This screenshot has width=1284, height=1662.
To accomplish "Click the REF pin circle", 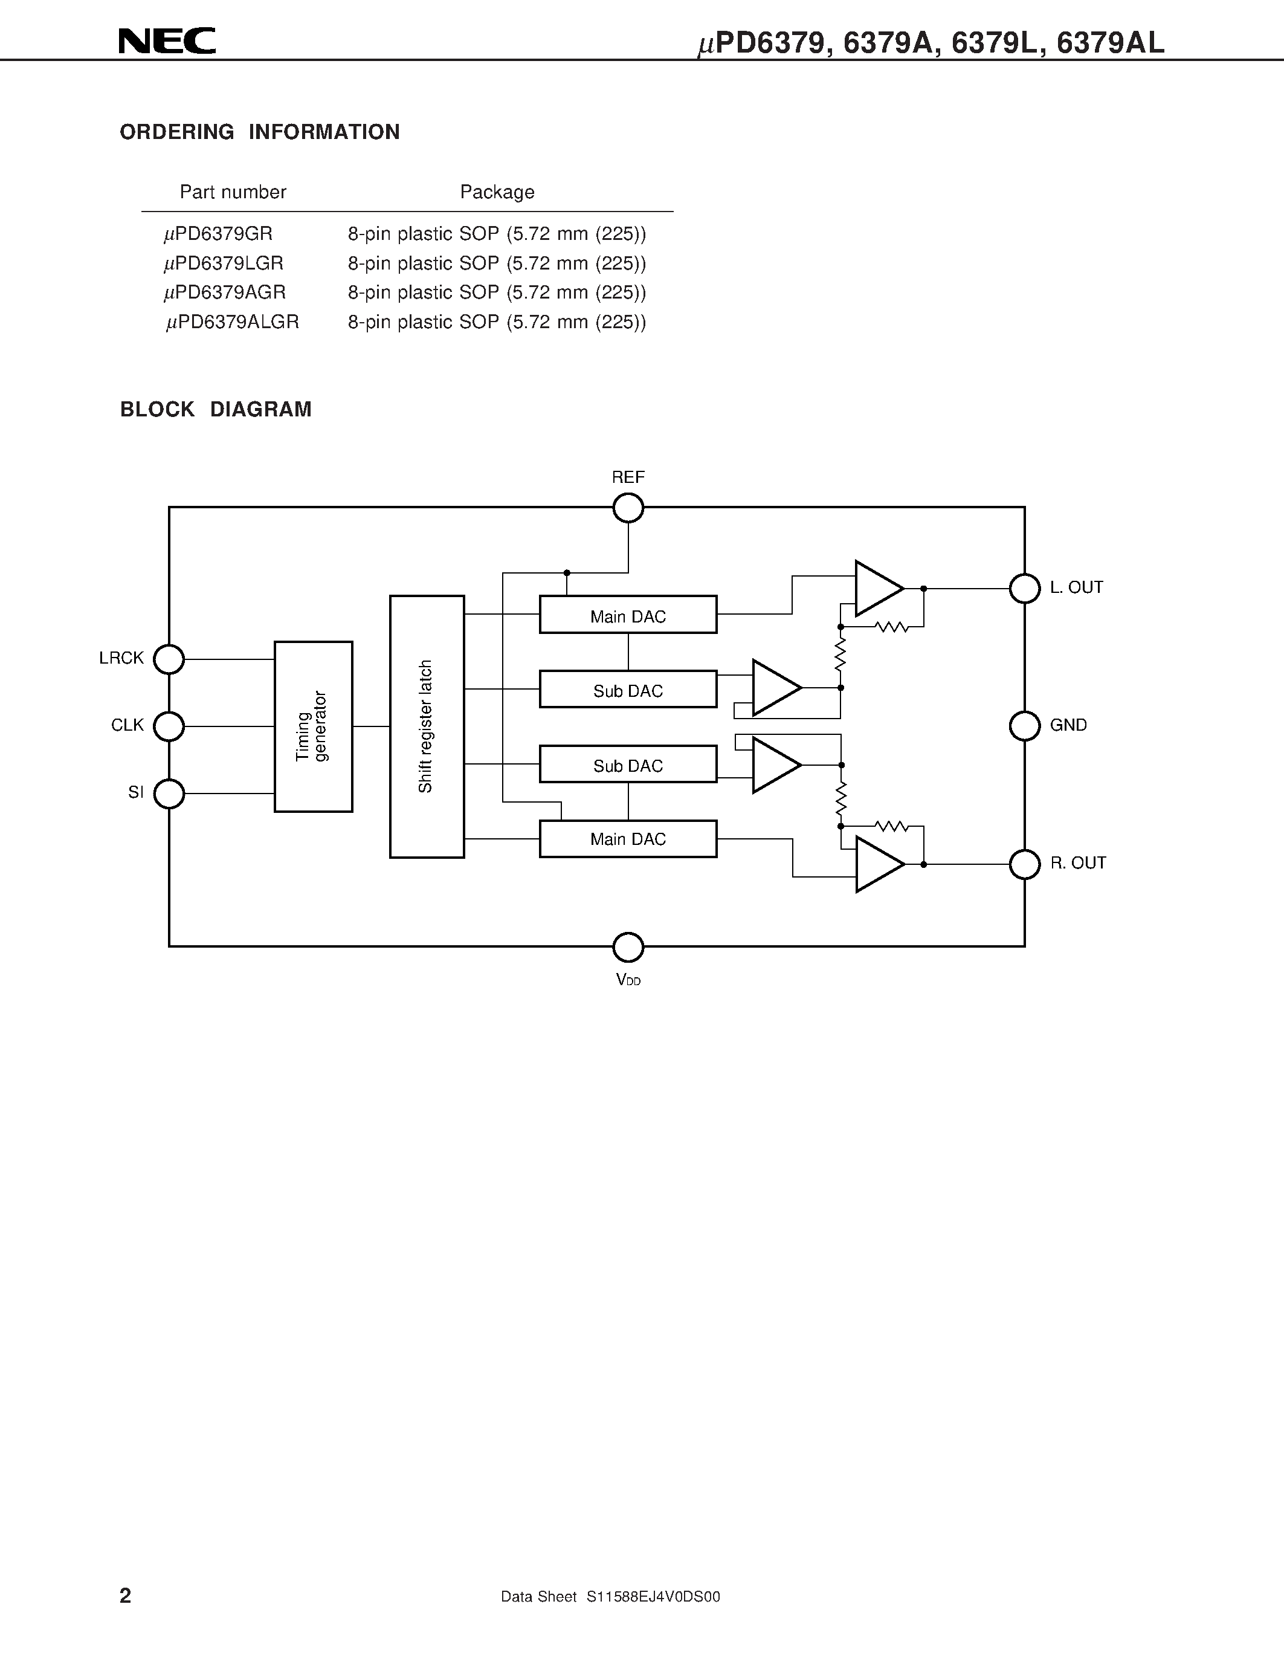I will [628, 508].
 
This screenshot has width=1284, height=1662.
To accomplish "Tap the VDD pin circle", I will [628, 948].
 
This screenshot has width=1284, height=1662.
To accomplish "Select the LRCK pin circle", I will [169, 659].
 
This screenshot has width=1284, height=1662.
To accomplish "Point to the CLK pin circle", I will [169, 726].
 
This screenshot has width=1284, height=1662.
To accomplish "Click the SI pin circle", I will [169, 794].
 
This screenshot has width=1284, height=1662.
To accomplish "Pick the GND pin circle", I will [1025, 726].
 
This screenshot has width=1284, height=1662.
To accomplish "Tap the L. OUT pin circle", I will [1025, 588].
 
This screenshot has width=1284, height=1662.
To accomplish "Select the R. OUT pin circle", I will [1025, 864].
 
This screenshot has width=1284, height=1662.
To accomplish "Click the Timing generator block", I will [314, 726].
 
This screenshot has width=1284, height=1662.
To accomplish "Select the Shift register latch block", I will [427, 726].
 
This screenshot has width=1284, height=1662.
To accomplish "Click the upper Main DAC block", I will [628, 615].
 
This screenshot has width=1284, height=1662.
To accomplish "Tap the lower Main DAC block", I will [628, 839].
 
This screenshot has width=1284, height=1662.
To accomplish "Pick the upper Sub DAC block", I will [628, 690].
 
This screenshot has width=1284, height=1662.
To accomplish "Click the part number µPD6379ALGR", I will [233, 323].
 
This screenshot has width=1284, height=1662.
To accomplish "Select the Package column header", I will [497, 192].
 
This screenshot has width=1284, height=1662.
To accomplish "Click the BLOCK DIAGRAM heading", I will [216, 409].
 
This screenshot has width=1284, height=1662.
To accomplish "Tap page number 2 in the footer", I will [126, 1596].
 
